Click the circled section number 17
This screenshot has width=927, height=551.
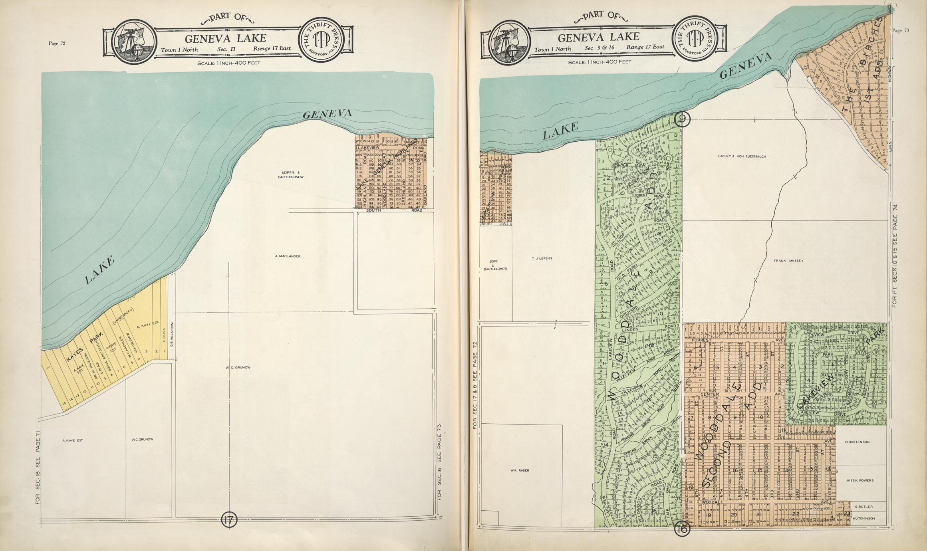tap(229, 520)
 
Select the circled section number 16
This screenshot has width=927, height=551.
tap(682, 529)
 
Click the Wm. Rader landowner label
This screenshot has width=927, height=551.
tap(520, 470)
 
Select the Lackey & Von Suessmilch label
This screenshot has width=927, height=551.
tap(742, 157)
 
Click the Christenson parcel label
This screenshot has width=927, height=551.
tap(857, 442)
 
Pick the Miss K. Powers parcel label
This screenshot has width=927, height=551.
tap(860, 480)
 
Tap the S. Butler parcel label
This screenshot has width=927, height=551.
tap(863, 507)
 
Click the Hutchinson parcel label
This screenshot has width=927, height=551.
tap(863, 518)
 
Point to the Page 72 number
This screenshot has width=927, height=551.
tap(57, 44)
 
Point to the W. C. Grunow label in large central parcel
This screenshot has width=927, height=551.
tap(238, 367)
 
